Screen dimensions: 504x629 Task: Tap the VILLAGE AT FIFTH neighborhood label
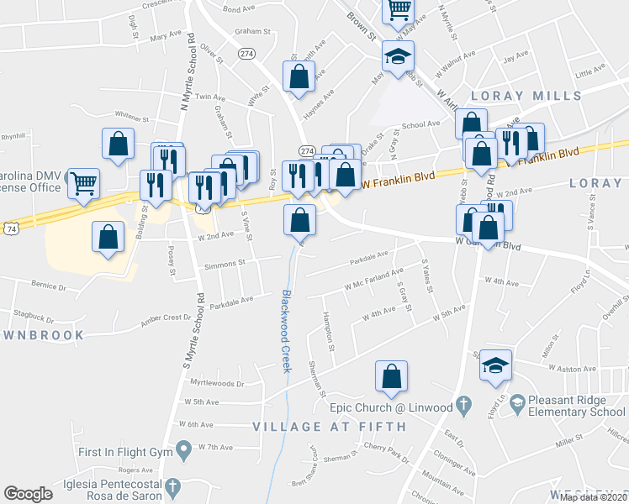coord(330,427)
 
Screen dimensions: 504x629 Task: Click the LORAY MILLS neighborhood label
coord(526,95)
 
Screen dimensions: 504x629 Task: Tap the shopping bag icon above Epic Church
coord(391,377)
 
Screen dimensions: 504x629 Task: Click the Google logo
coord(28,494)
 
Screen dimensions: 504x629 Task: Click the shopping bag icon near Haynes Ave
coord(299,76)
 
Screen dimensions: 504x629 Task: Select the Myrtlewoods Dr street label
coord(215,383)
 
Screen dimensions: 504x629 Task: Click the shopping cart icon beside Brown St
coord(399,10)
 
